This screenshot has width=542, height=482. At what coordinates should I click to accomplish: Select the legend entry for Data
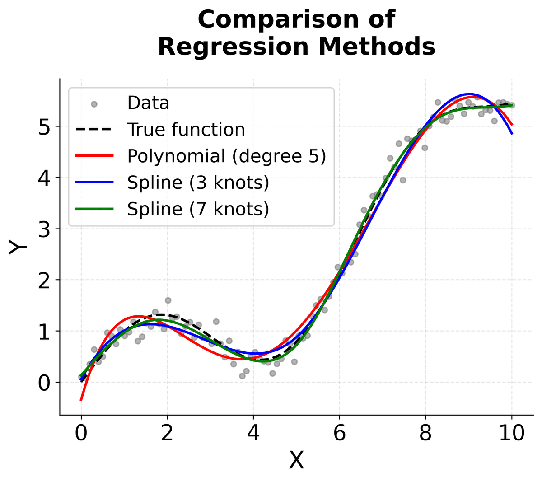point(148,103)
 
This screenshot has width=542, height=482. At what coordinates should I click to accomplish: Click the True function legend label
point(186,130)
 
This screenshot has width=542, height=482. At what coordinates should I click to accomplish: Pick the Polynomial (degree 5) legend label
point(226,156)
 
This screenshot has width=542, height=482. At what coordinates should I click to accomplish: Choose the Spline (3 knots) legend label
point(198,183)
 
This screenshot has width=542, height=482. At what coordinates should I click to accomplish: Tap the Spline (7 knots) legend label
point(198,209)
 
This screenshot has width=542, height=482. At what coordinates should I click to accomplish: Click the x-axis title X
point(296,461)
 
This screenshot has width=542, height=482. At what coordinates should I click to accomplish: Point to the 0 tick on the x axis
point(81,433)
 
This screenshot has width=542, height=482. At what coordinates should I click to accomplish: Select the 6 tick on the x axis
point(340,433)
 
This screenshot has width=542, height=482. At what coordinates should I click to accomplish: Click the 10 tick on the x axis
point(512,433)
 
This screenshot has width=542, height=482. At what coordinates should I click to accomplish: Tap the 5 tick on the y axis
point(44,127)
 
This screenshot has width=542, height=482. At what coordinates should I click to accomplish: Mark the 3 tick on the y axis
point(44,229)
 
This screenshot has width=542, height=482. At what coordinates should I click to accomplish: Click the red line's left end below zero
point(81,399)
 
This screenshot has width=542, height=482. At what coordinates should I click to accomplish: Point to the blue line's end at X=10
point(512,133)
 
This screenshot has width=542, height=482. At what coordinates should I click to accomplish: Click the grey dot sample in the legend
point(94,104)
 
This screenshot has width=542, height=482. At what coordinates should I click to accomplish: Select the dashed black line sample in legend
point(94,130)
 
